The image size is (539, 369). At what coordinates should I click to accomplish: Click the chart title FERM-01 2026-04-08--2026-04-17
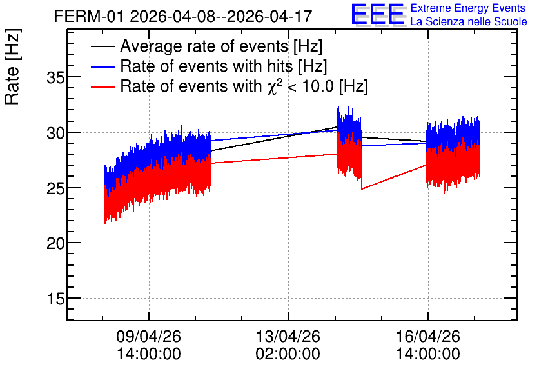[x=183, y=16]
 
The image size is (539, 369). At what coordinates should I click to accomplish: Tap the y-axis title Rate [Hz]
[x=12, y=66]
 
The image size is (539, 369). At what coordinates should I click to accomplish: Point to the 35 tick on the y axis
[x=55, y=77]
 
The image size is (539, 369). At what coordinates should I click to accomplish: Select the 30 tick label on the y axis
[x=55, y=133]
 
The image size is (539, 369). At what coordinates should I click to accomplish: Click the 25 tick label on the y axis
[x=55, y=188]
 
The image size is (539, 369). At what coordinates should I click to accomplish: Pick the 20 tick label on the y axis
[x=55, y=243]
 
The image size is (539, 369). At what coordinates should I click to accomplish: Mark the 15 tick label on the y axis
[x=55, y=299]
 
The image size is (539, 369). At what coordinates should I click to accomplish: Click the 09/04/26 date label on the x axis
[x=148, y=336]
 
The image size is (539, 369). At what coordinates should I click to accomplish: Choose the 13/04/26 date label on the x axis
[x=288, y=336]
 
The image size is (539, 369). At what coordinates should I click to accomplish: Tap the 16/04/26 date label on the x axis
[x=428, y=336]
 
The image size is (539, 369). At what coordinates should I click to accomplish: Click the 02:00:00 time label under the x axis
[x=288, y=354]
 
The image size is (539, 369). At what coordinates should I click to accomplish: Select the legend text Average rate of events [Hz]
[x=221, y=46]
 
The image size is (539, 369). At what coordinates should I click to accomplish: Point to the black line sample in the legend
[x=103, y=46]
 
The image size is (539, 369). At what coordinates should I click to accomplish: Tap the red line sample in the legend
[x=103, y=86]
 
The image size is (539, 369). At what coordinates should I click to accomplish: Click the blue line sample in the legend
[x=103, y=66]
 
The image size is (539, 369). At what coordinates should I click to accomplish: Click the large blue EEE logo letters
[x=378, y=14]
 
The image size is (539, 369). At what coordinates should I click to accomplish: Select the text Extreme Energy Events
[x=468, y=8]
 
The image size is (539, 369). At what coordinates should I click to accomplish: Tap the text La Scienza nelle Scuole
[x=469, y=21]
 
